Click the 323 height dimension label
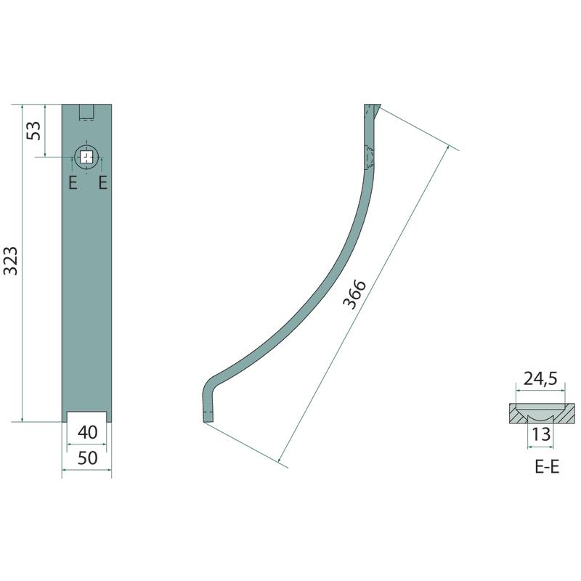click(x=10, y=261)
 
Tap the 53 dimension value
click(x=33, y=131)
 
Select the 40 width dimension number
click(x=87, y=432)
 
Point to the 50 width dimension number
click(x=87, y=458)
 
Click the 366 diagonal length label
click(x=354, y=294)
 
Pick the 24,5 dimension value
click(x=540, y=378)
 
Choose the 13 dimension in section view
click(x=540, y=434)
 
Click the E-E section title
click(x=547, y=466)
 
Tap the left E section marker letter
click(x=73, y=183)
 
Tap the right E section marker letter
click(x=103, y=183)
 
